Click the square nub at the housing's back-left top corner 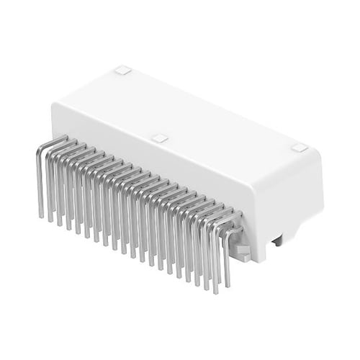click(122, 71)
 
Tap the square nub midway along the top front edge click(161, 138)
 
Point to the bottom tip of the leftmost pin click(41, 215)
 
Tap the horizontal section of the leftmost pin click(55, 141)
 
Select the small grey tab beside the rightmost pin click(242, 251)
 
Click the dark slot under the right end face click(277, 242)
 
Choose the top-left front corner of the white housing click(55, 107)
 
